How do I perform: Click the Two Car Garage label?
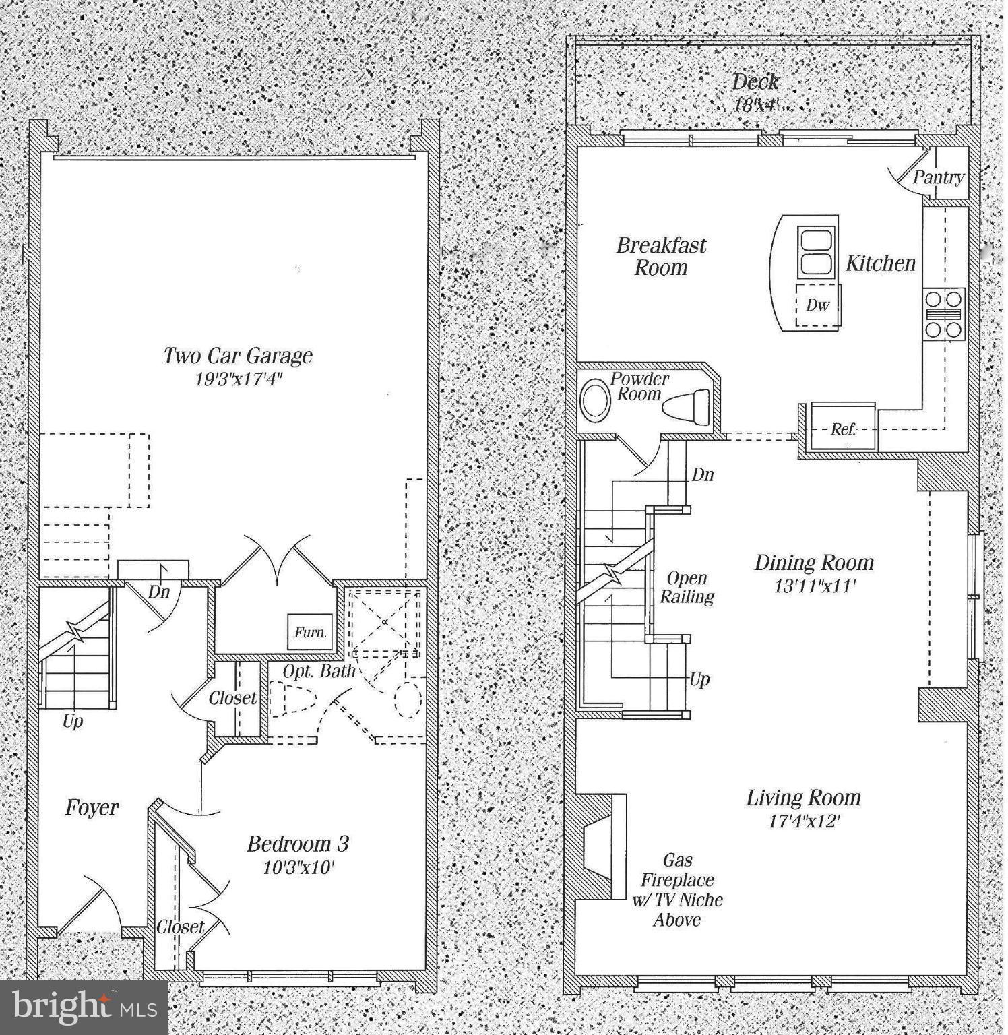238,355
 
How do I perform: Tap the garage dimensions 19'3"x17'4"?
238,379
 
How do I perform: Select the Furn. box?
311,632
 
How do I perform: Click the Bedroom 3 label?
298,844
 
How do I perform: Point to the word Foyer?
92,807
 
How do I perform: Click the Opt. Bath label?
319,671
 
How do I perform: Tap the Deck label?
755,82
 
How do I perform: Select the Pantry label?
939,177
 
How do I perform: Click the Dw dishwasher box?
817,305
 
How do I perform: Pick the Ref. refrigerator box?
843,428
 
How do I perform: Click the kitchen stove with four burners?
944,313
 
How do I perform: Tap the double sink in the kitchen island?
817,251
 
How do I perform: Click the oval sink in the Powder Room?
594,400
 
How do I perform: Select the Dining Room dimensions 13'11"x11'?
814,586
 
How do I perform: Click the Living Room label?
803,798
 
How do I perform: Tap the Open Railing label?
687,587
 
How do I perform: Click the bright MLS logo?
84,1007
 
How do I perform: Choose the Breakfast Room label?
661,256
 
